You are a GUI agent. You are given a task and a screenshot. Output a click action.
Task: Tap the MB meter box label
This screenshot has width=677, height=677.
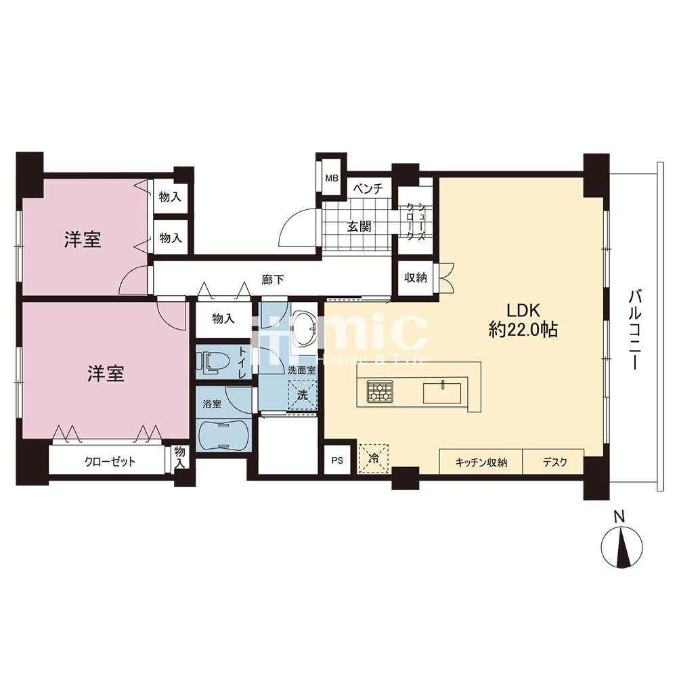click(332, 178)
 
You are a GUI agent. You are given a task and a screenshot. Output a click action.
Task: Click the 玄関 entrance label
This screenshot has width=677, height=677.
click(359, 226)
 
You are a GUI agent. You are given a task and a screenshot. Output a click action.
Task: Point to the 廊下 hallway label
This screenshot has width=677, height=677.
click(273, 280)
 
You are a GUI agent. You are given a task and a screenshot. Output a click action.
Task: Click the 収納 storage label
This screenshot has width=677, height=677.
click(416, 278)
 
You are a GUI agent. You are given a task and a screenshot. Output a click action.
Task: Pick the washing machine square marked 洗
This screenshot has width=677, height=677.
click(303, 395)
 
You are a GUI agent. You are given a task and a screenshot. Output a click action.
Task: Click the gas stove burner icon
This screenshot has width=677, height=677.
click(380, 391)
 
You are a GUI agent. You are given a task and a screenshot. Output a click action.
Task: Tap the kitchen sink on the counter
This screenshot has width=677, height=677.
click(442, 393)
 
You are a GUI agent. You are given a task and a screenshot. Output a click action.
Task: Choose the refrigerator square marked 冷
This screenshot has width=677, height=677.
click(374, 458)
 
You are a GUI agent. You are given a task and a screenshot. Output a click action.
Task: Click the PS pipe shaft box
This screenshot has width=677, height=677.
click(338, 460)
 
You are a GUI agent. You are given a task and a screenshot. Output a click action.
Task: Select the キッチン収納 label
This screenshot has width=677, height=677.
click(481, 462)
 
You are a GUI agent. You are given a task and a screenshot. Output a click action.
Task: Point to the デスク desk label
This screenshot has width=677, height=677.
click(555, 462)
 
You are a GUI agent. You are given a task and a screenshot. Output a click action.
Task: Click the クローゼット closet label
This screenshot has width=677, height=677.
click(110, 462)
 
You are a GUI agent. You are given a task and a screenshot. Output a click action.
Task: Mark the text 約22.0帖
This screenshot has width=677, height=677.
click(523, 330)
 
